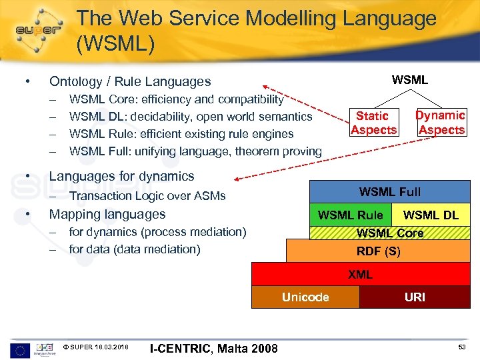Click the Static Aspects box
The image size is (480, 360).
[373, 123]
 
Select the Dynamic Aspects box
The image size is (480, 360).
[440, 123]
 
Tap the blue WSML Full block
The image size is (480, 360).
[390, 192]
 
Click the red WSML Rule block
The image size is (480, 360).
[350, 215]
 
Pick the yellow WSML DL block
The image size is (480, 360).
[431, 215]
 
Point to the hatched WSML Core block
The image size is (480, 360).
[390, 233]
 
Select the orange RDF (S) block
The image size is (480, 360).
[378, 251]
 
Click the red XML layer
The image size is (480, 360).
[360, 274]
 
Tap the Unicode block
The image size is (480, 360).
[305, 297]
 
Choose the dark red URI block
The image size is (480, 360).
[415, 297]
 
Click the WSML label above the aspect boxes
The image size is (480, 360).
[410, 80]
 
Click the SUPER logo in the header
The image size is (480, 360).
[39, 29]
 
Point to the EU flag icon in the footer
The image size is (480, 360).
[20, 348]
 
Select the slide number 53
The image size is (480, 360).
[461, 347]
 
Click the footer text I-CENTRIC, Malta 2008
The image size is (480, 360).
[214, 348]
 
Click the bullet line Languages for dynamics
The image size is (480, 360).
[121, 177]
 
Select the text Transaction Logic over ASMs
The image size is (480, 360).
[147, 196]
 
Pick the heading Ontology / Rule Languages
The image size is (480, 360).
[130, 82]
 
